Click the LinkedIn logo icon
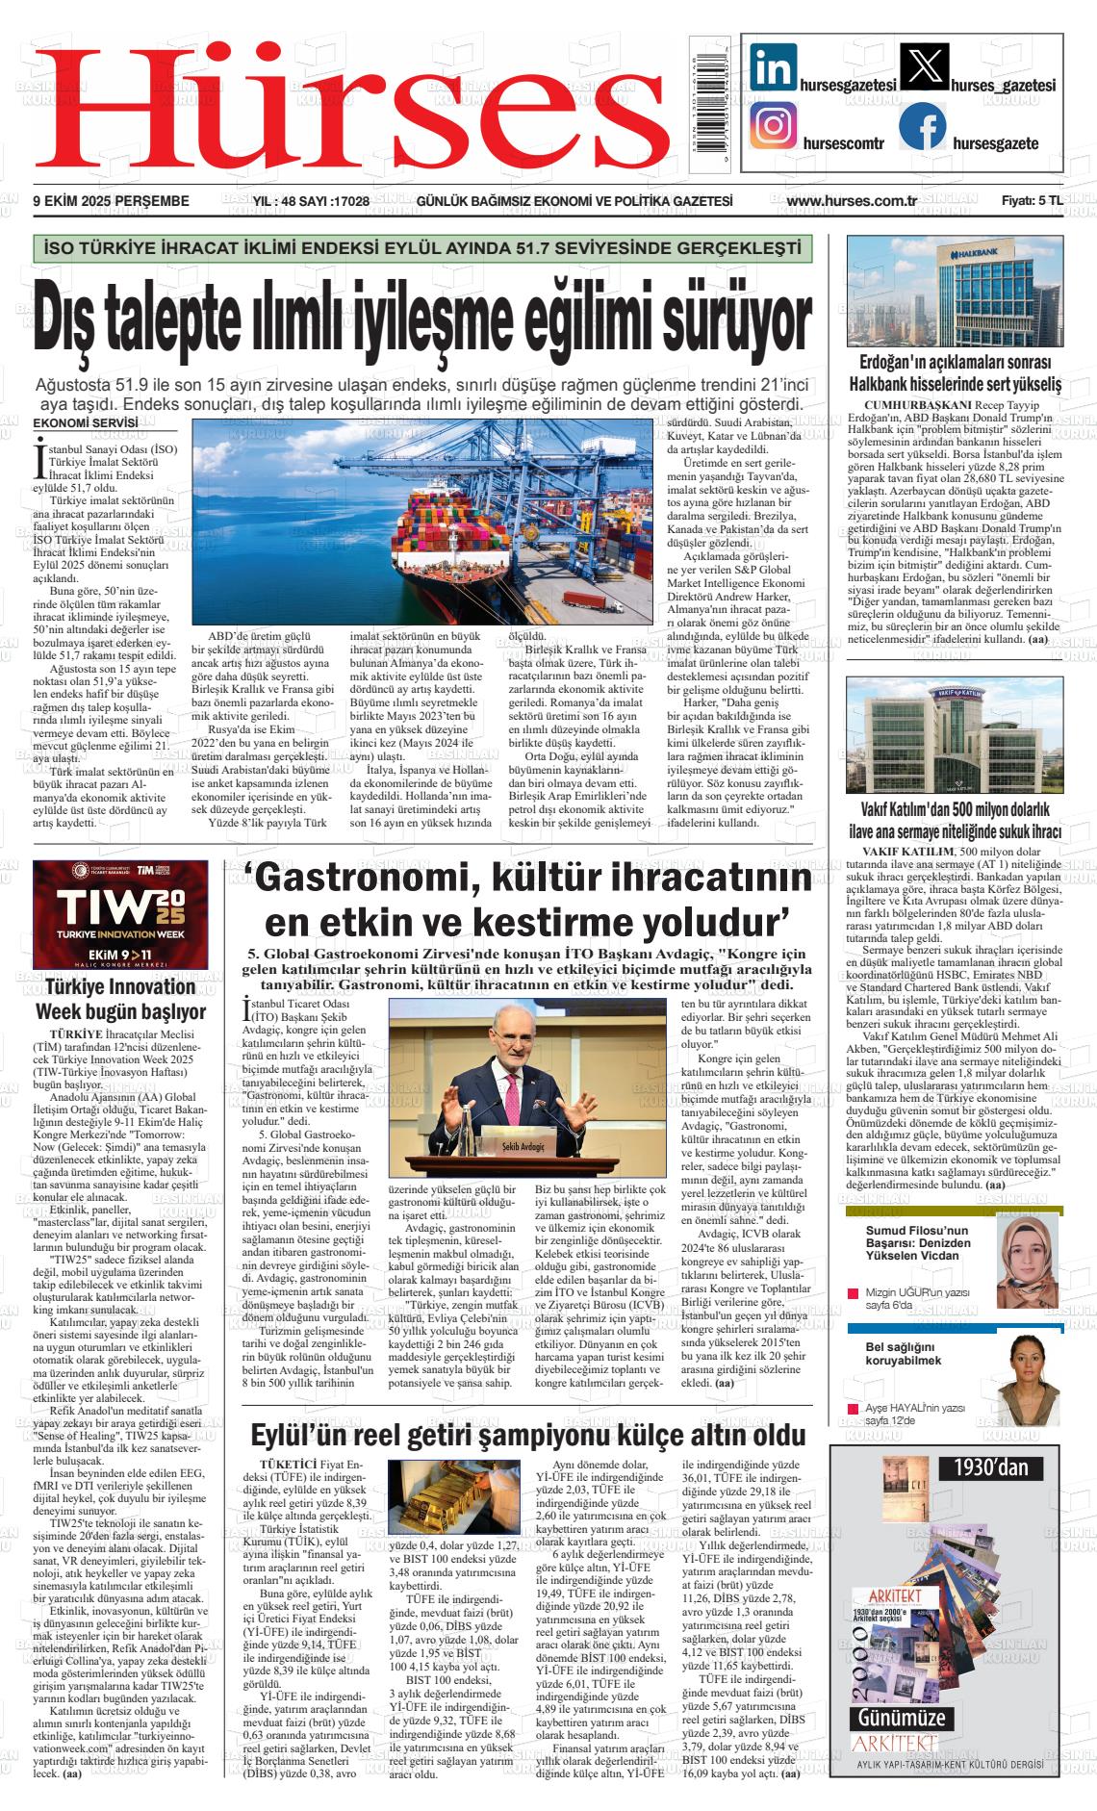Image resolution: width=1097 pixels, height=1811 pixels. tap(774, 67)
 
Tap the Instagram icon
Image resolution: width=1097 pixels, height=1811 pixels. tap(774, 126)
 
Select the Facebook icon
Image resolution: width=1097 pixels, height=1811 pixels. tap(922, 126)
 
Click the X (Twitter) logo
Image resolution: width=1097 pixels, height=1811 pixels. tap(922, 67)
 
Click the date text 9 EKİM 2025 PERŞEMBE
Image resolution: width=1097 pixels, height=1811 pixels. tap(111, 201)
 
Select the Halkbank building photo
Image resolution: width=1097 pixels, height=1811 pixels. tap(954, 291)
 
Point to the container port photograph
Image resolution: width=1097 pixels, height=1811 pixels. tap(421, 522)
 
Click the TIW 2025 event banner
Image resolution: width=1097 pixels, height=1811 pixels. tap(119, 914)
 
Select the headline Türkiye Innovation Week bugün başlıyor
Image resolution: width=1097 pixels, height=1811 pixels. tap(120, 999)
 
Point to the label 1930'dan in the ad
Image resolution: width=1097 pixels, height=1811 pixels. tap(991, 1467)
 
